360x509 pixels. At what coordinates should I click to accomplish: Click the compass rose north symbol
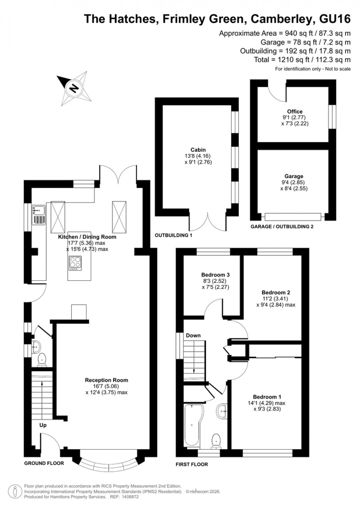coord(75,88)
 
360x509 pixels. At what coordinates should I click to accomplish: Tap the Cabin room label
coord(198,150)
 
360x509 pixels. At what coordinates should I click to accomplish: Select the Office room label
coord(295,111)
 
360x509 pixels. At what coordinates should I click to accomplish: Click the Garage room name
coord(294,176)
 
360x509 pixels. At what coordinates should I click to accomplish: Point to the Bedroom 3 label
coord(215,275)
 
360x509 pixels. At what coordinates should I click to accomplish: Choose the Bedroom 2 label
coord(276,293)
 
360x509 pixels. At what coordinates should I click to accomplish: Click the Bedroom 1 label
coord(267,397)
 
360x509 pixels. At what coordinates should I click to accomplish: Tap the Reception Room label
coord(107,380)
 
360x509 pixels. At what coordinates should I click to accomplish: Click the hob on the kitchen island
coord(75,263)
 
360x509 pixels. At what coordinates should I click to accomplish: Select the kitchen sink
coord(39,210)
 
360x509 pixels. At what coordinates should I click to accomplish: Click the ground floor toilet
coord(42,359)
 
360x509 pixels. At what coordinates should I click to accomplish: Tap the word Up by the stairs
coord(43,425)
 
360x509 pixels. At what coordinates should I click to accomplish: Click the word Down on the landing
coord(193,335)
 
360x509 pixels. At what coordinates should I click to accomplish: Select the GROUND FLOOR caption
coord(44,463)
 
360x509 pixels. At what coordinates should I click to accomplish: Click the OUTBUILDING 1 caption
coord(173,235)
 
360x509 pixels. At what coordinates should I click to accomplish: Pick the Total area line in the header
coord(302,60)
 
